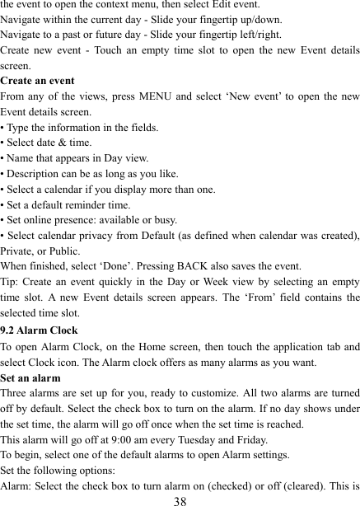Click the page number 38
[180, 499]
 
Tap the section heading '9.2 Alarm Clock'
[40, 330]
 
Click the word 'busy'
[161, 220]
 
